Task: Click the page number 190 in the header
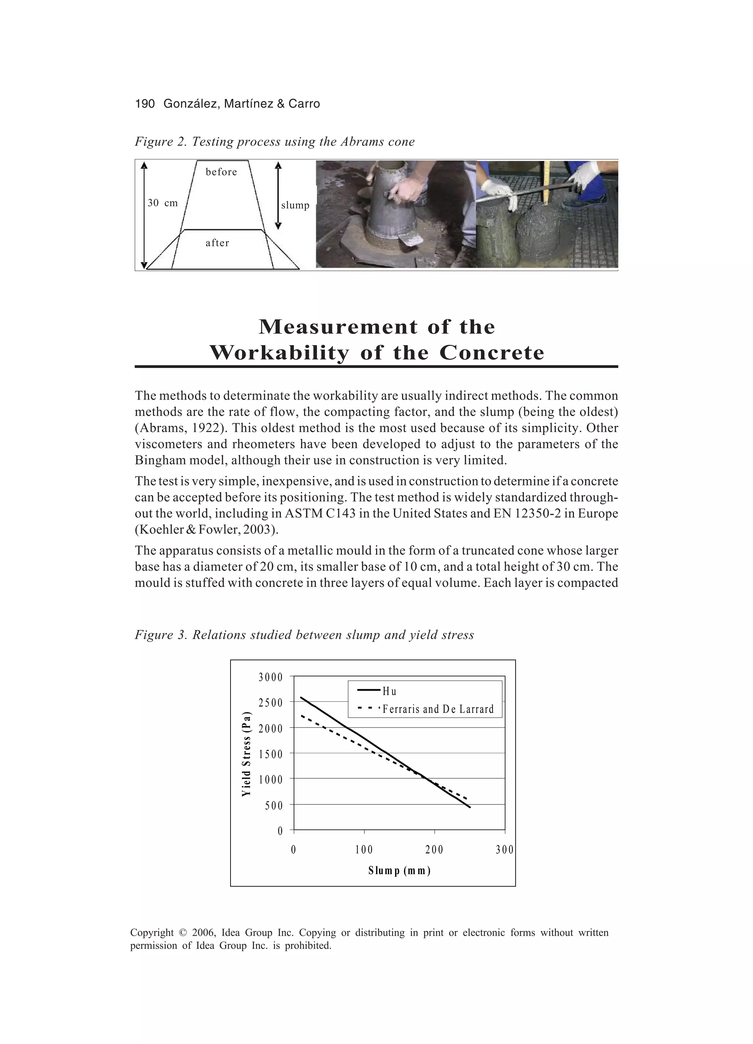144,104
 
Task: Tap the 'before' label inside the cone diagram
221,172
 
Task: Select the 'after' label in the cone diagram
217,243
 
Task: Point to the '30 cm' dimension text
163,203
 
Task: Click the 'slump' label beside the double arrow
295,205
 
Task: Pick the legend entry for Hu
389,691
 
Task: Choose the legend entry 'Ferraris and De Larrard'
438,709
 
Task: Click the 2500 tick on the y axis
271,703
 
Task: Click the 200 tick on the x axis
434,850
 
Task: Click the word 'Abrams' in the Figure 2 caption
361,142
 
